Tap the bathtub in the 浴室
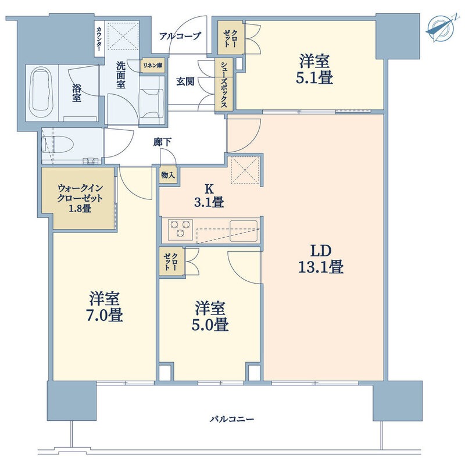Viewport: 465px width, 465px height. click(x=42, y=93)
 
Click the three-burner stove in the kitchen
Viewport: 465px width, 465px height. click(x=180, y=229)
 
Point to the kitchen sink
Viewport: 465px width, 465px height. click(x=244, y=230)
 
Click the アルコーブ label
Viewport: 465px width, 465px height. click(x=180, y=37)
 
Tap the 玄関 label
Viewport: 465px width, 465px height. click(x=185, y=81)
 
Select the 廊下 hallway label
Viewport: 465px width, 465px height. click(x=162, y=142)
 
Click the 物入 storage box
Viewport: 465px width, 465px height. click(x=168, y=176)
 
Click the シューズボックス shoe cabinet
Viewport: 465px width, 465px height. click(x=224, y=85)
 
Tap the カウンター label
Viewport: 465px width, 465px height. click(x=99, y=38)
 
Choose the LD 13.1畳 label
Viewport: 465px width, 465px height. click(x=321, y=259)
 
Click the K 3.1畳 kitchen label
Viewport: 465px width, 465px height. click(x=209, y=196)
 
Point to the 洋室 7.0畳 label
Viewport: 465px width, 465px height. click(x=105, y=307)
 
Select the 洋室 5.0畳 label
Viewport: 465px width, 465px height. click(x=210, y=316)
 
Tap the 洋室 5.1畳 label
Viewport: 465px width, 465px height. click(x=314, y=69)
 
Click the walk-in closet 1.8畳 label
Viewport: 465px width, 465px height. click(x=80, y=198)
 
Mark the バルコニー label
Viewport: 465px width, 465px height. click(x=232, y=419)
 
